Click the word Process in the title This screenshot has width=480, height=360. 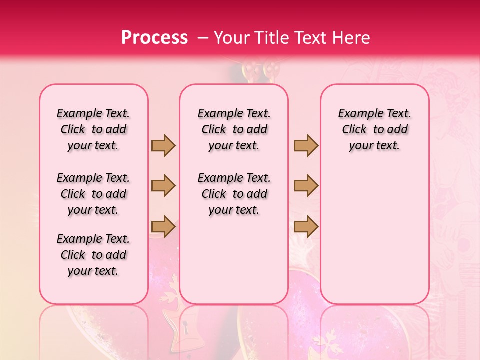154,37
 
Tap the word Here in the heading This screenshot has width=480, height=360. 351,37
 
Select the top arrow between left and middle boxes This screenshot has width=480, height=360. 163,145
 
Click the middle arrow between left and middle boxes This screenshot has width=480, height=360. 163,186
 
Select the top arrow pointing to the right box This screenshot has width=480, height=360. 306,145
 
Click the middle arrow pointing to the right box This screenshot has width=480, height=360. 306,186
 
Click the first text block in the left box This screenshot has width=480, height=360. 93,129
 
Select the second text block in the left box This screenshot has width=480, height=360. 93,194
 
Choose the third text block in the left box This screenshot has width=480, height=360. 93,255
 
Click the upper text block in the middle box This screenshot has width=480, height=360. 234,129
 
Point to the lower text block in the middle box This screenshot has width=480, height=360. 234,194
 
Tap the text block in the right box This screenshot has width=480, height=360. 375,129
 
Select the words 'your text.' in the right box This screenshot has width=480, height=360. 375,146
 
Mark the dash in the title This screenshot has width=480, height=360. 203,37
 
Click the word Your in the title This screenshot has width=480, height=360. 232,37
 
